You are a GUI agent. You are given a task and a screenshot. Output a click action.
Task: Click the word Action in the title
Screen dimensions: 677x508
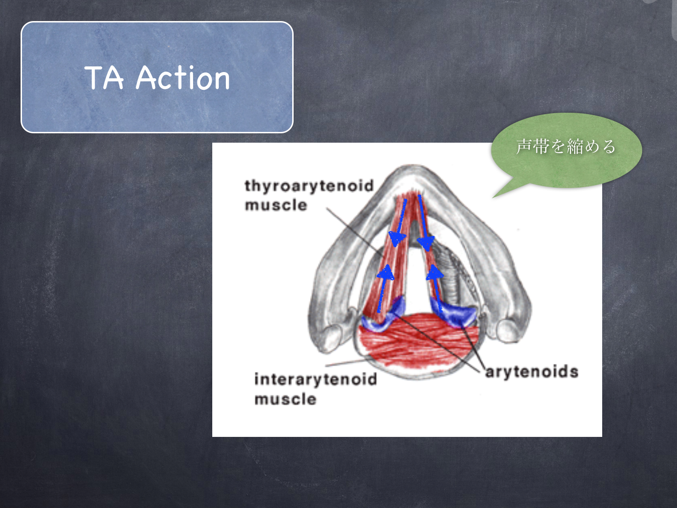[183, 78]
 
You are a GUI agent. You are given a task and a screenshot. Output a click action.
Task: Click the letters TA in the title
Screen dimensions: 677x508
[104, 78]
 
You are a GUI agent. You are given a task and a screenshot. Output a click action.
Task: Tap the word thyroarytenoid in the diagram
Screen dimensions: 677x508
[309, 186]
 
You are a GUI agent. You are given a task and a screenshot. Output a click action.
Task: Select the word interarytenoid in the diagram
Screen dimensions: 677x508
[316, 379]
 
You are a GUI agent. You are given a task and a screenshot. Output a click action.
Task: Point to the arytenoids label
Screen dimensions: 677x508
[532, 372]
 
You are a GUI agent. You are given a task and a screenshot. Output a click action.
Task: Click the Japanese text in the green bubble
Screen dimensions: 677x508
[566, 146]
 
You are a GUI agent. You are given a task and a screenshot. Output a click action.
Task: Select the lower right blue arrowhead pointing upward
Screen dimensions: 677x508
[435, 272]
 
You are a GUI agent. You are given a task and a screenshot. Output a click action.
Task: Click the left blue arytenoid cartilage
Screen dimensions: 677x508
[383, 316]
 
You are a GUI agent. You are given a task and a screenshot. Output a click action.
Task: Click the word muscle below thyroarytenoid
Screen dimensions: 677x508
[276, 205]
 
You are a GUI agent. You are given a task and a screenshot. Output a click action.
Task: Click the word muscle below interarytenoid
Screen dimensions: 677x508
[286, 399]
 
